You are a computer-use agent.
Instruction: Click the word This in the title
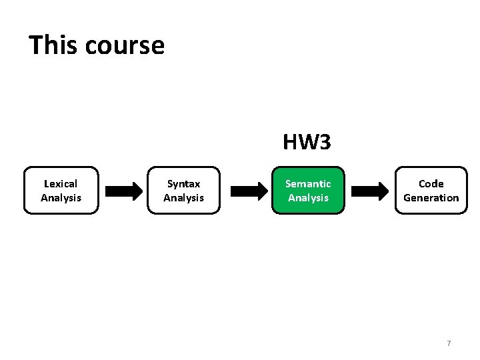[53, 45]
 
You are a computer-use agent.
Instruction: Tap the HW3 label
[307, 142]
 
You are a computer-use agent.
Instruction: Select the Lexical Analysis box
[61, 190]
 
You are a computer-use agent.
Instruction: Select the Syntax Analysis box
[183, 190]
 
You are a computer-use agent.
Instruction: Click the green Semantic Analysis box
[308, 190]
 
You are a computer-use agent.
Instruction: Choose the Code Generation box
[431, 190]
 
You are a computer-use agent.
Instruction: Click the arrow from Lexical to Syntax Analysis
[124, 191]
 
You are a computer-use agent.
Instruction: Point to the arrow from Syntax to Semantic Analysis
[247, 191]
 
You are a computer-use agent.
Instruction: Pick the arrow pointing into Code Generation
[369, 191]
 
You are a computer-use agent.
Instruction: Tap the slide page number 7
[449, 343]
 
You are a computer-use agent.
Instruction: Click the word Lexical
[61, 183]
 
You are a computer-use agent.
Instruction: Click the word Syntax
[183, 183]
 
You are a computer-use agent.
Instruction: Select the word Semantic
[308, 183]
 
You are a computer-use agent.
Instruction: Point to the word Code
[431, 183]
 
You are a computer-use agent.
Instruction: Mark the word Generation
[431, 198]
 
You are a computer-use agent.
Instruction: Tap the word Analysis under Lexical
[61, 198]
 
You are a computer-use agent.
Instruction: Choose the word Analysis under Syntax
[183, 198]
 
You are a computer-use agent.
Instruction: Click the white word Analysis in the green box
[308, 198]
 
